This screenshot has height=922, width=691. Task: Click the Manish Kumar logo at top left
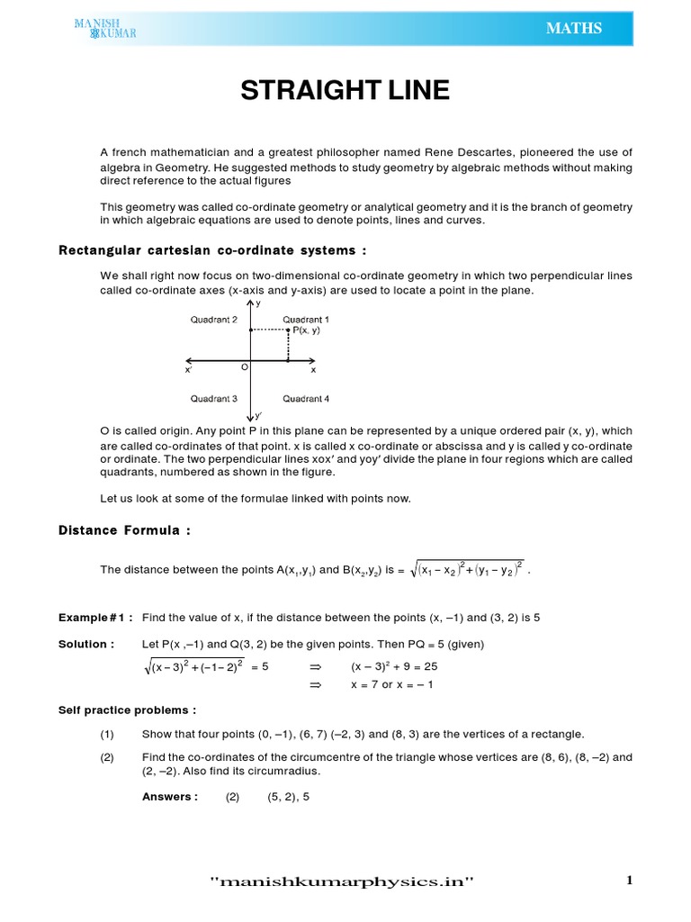pyautogui.click(x=106, y=29)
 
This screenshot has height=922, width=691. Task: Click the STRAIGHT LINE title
pyautogui.click(x=345, y=92)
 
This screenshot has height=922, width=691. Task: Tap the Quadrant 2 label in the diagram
pyautogui.click(x=213, y=320)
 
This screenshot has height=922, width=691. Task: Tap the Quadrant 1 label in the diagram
pyautogui.click(x=306, y=320)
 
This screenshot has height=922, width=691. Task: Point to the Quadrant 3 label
pyautogui.click(x=213, y=398)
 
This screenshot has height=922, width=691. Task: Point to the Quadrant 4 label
pyautogui.click(x=306, y=398)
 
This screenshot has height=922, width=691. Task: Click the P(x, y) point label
pyautogui.click(x=306, y=331)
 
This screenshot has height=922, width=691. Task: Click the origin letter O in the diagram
pyautogui.click(x=244, y=367)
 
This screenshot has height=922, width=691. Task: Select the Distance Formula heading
pyautogui.click(x=124, y=530)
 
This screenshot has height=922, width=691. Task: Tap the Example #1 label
pyautogui.click(x=95, y=618)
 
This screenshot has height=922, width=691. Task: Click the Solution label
pyautogui.click(x=86, y=644)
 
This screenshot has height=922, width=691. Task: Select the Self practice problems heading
pyautogui.click(x=127, y=710)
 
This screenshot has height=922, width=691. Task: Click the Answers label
pyautogui.click(x=169, y=797)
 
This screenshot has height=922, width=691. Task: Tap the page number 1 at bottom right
pyautogui.click(x=629, y=881)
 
